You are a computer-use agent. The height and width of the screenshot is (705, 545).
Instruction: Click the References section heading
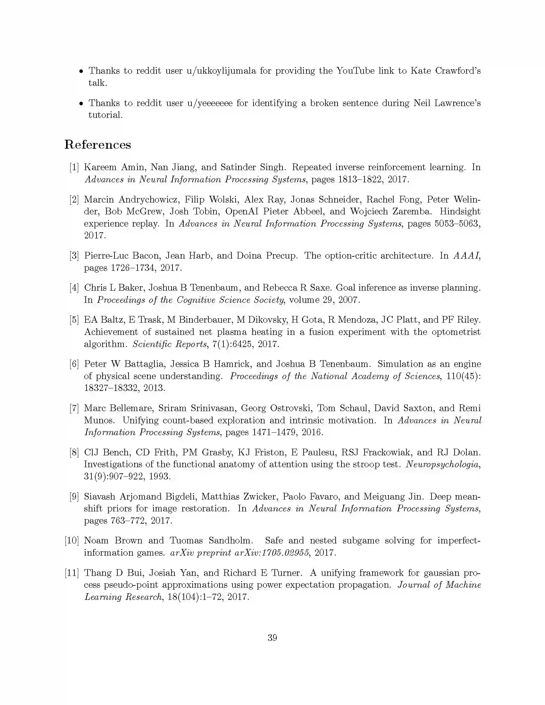point(97,145)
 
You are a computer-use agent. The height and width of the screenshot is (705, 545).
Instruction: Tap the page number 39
point(272,637)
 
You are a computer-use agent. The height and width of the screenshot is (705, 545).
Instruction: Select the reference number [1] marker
point(74,167)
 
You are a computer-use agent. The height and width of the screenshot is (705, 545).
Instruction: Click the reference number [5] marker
point(74,320)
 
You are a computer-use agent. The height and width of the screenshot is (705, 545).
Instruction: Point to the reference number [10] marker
point(72,540)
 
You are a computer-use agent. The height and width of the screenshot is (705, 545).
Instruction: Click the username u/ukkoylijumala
point(221,71)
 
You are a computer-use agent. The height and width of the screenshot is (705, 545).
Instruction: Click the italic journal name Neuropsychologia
point(442,464)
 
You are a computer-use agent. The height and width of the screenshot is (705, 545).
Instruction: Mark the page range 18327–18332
point(111,388)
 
